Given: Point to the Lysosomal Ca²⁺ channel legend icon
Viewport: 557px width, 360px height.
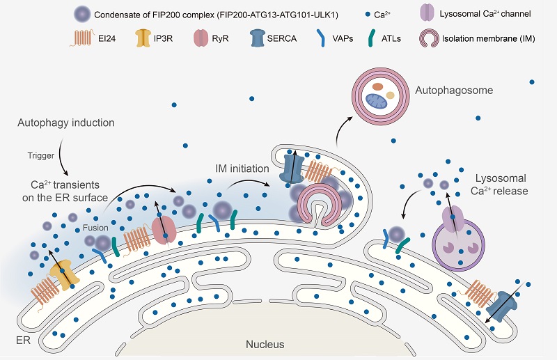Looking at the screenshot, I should click(429, 13).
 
